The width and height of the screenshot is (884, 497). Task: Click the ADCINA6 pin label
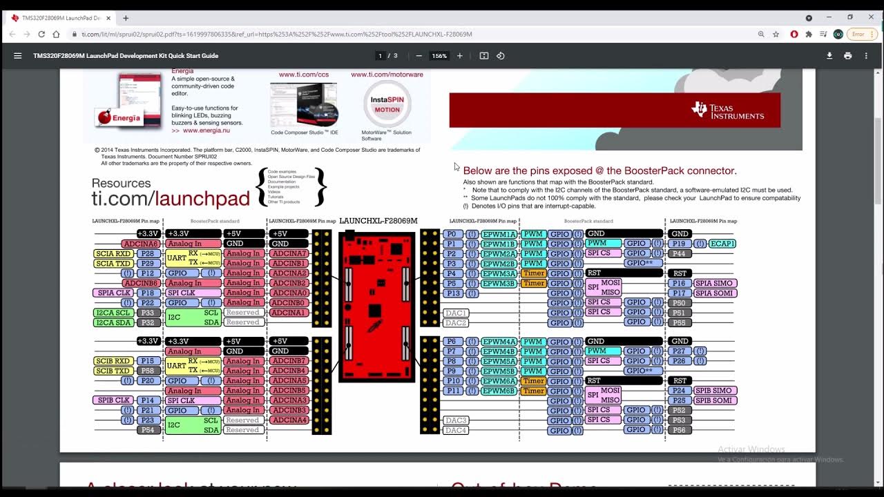click(x=141, y=244)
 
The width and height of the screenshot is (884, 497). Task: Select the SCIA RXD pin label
click(x=113, y=253)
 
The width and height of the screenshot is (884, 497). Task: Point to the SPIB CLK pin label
click(x=114, y=400)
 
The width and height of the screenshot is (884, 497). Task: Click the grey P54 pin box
click(x=147, y=430)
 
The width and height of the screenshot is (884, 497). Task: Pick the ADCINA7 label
click(x=289, y=253)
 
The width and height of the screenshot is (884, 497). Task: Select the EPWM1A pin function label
click(x=499, y=234)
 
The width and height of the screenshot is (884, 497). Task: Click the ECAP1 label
click(x=722, y=244)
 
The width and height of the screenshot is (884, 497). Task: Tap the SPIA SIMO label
click(x=715, y=283)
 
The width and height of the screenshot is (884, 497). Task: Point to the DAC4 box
click(x=456, y=430)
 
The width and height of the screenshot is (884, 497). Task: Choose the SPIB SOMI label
click(x=715, y=400)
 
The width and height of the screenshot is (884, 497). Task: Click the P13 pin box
click(x=452, y=293)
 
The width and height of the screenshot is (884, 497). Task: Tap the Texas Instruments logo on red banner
click(x=727, y=110)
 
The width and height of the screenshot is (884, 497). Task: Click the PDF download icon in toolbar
click(x=829, y=56)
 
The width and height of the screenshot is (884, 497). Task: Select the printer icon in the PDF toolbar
click(x=847, y=56)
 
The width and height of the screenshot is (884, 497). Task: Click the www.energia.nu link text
click(x=206, y=130)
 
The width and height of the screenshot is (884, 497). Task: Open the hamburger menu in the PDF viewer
click(x=18, y=56)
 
